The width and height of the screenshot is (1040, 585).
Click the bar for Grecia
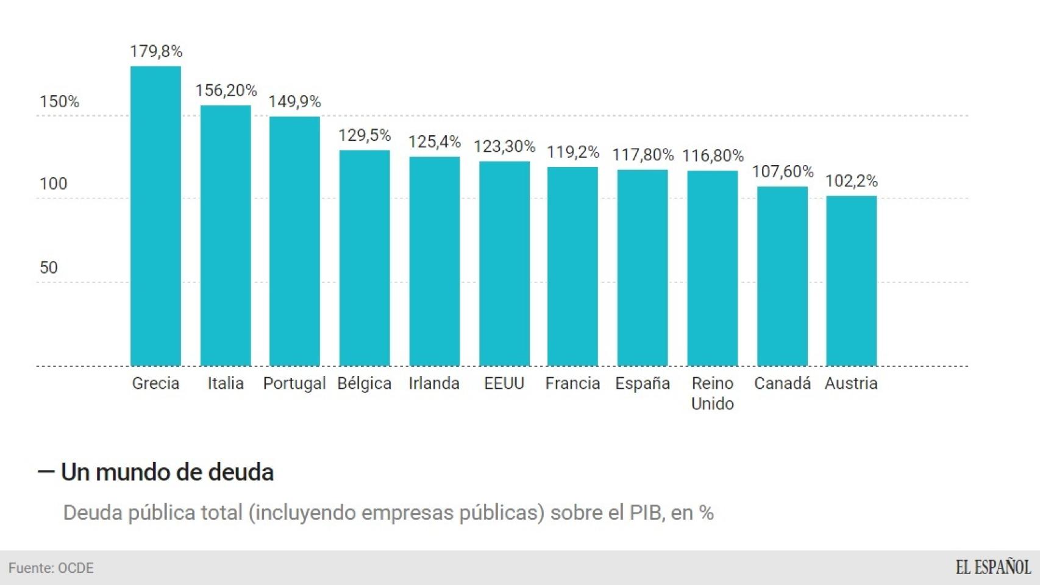(x=155, y=216)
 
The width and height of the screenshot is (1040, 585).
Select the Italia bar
(x=226, y=236)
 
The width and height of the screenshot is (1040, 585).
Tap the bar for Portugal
(x=294, y=241)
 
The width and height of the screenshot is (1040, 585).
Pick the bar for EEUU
(x=504, y=263)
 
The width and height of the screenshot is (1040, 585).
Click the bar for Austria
(x=851, y=281)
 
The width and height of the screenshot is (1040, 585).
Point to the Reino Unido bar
(x=712, y=268)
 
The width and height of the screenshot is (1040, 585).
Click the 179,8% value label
(x=156, y=51)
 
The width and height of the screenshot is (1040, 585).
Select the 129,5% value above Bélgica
(x=365, y=135)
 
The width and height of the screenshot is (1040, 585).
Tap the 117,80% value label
(x=643, y=155)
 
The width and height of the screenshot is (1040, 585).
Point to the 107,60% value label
(x=783, y=172)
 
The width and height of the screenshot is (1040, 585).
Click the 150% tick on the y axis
(x=59, y=102)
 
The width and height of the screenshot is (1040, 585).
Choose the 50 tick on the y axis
(x=49, y=268)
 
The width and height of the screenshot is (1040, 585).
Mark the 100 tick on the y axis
(x=54, y=184)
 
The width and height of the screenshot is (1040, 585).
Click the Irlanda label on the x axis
(x=434, y=383)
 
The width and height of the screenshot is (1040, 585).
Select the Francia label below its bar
(x=572, y=383)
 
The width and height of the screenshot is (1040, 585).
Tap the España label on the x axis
(x=643, y=383)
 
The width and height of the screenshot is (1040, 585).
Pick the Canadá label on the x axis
(x=782, y=383)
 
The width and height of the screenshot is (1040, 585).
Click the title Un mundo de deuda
(x=167, y=472)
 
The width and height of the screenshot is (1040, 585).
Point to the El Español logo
(x=992, y=567)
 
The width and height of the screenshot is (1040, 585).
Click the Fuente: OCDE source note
(x=51, y=568)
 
